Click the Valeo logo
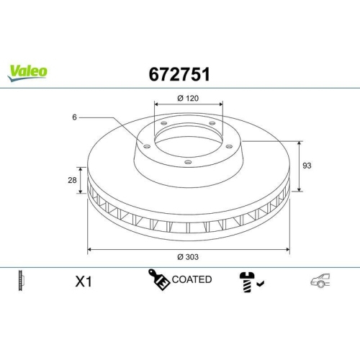pyautogui.click(x=27, y=71)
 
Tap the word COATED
pyautogui.click(x=192, y=279)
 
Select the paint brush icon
pyautogui.click(x=158, y=280)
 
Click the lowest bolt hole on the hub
pyautogui.click(x=187, y=163)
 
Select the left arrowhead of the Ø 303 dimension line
pyautogui.click(x=89, y=249)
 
